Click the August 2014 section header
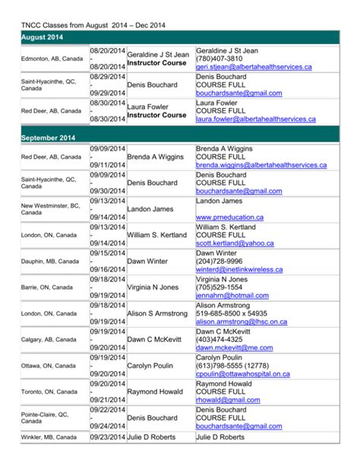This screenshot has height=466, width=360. (43, 36)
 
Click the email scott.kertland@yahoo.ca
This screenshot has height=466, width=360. (234, 243)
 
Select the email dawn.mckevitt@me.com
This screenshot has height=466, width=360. (245, 347)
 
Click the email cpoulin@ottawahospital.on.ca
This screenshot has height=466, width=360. (242, 374)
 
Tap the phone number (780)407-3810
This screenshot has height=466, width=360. (219, 59)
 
